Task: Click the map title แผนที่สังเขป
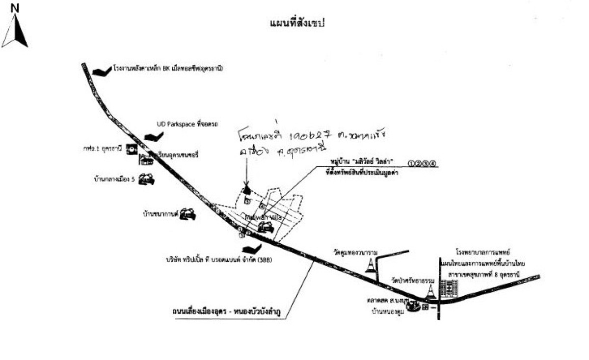point(298,23)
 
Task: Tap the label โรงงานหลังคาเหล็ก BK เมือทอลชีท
point(168,69)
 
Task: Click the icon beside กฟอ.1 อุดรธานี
point(132,149)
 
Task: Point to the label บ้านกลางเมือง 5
point(114,180)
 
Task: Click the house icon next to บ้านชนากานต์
point(187,214)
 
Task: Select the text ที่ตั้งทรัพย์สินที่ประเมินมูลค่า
point(361,173)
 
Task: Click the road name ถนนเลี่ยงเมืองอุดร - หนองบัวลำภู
point(229,311)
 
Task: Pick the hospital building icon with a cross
point(449,288)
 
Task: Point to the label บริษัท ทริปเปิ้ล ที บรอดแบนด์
point(218,260)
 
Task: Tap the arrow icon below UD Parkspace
point(150,137)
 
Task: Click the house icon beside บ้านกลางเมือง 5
point(146,180)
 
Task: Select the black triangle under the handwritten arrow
point(247,189)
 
